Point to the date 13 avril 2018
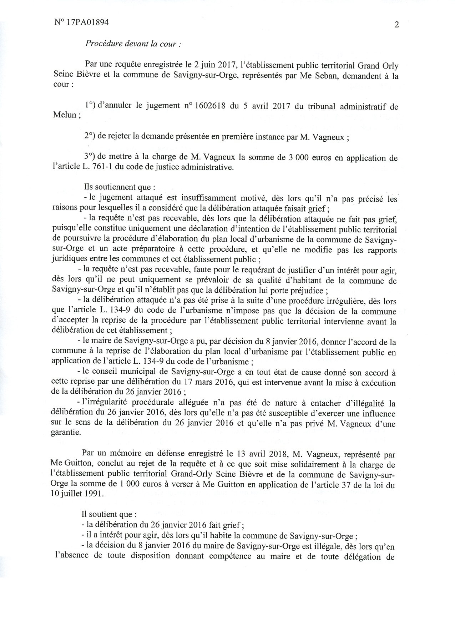(x=261, y=454)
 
